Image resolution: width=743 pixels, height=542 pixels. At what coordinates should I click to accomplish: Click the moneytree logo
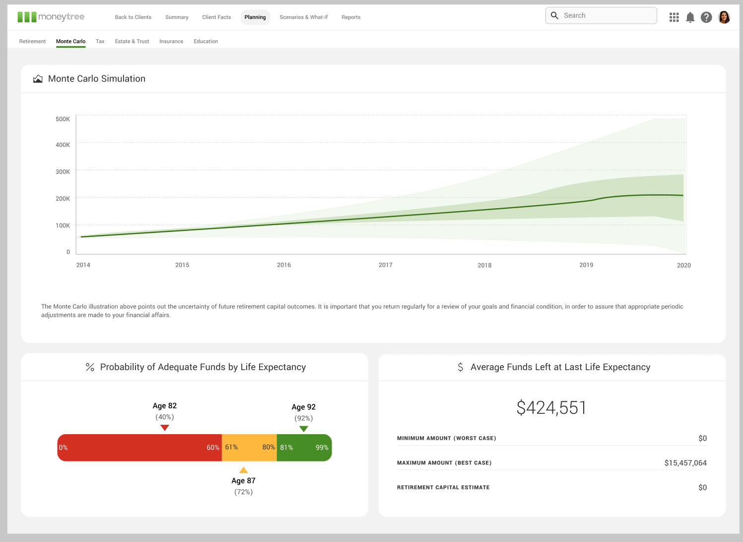[51, 17]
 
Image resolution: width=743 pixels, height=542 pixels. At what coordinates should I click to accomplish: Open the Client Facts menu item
[216, 17]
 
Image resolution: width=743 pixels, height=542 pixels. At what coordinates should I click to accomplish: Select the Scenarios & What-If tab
[303, 17]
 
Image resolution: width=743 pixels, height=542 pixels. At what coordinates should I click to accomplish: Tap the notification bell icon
[690, 17]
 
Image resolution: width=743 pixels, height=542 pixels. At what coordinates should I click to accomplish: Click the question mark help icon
[706, 17]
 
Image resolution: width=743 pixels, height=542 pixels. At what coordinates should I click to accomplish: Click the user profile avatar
[724, 17]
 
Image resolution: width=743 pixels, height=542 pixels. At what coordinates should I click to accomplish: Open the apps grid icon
[674, 17]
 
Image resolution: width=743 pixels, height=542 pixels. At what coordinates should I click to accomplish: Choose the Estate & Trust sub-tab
[132, 41]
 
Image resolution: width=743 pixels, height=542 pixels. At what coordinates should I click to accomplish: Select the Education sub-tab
[205, 41]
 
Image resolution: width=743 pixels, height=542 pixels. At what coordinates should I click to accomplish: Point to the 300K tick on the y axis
[63, 171]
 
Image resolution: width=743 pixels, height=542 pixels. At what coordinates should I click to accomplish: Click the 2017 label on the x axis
[385, 265]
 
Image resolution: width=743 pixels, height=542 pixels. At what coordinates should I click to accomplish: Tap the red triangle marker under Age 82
[165, 428]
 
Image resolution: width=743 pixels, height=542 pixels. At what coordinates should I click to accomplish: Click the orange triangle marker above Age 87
[243, 470]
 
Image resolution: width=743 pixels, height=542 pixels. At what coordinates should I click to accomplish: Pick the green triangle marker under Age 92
[304, 429]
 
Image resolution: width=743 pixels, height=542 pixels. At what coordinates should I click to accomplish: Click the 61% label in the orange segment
[231, 447]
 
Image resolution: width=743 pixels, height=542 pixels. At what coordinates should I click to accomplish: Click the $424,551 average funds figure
[551, 408]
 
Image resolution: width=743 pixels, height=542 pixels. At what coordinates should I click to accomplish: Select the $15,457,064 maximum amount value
[685, 463]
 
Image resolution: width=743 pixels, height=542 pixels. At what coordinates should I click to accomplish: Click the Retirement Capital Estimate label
[443, 487]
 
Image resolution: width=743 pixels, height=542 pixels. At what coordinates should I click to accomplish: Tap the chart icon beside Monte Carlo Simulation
[38, 79]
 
